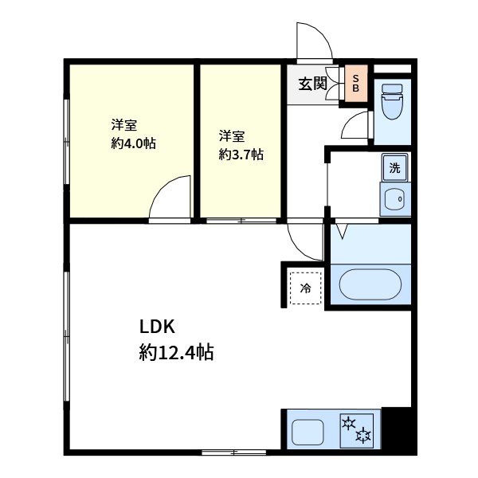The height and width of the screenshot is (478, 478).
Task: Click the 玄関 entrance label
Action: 313,83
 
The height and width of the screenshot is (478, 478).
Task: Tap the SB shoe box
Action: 356,82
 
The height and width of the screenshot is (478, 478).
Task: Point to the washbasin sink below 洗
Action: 394,199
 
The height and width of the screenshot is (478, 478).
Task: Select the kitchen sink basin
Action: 308,433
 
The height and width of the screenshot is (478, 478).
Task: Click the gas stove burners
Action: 356,430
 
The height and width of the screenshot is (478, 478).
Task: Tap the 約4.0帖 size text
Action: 133,144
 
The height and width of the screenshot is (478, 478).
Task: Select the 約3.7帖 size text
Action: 241,155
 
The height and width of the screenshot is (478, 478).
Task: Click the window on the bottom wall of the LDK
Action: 233,453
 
